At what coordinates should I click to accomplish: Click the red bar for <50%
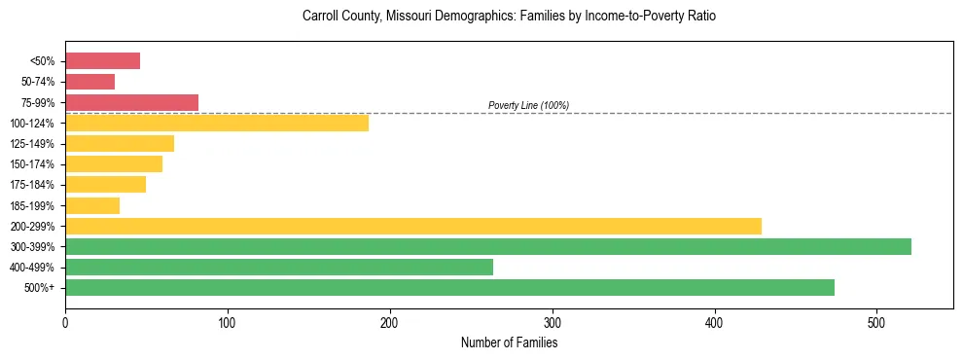click(102, 61)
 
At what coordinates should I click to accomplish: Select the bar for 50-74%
click(89, 82)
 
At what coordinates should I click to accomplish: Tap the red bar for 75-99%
click(131, 102)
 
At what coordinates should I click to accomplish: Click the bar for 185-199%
click(92, 205)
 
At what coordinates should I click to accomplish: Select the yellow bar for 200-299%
click(413, 226)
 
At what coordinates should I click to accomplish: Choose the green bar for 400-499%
click(279, 267)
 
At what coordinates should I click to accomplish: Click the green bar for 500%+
click(449, 287)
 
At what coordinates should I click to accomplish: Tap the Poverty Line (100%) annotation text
click(528, 105)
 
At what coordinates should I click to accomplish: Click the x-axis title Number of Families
click(509, 342)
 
